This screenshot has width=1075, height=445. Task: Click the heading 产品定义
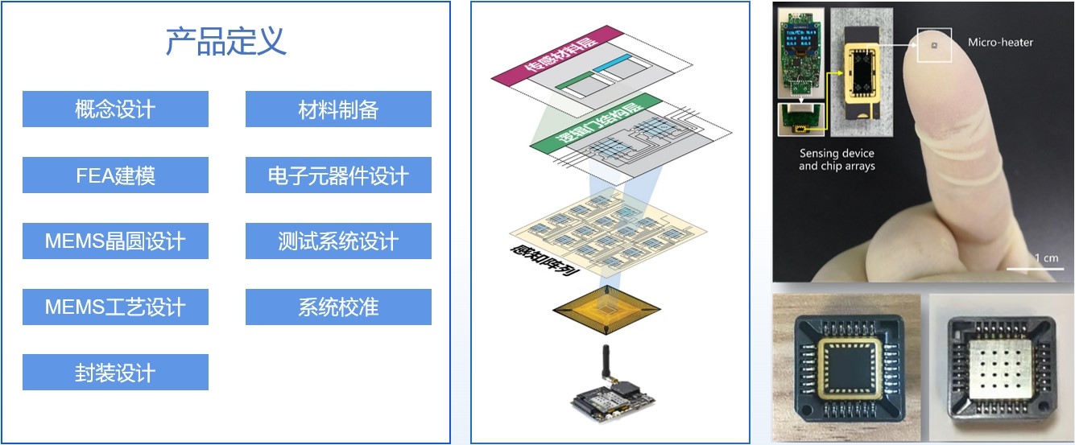click(x=226, y=41)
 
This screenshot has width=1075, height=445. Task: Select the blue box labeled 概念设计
click(x=115, y=109)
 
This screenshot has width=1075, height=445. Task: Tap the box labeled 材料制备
click(x=338, y=109)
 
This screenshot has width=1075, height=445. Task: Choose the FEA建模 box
click(x=115, y=175)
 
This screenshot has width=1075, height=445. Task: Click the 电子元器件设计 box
click(x=338, y=175)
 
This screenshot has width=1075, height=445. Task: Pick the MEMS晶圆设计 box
click(x=115, y=241)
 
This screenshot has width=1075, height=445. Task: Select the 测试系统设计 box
click(x=338, y=241)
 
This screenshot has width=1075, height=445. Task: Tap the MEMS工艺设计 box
click(x=115, y=307)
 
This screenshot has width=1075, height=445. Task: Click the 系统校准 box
click(x=338, y=307)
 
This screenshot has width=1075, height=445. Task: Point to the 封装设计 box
click(x=115, y=373)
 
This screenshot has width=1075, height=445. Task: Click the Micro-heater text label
click(x=999, y=42)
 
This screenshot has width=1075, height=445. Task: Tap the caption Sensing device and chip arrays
click(x=837, y=159)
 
